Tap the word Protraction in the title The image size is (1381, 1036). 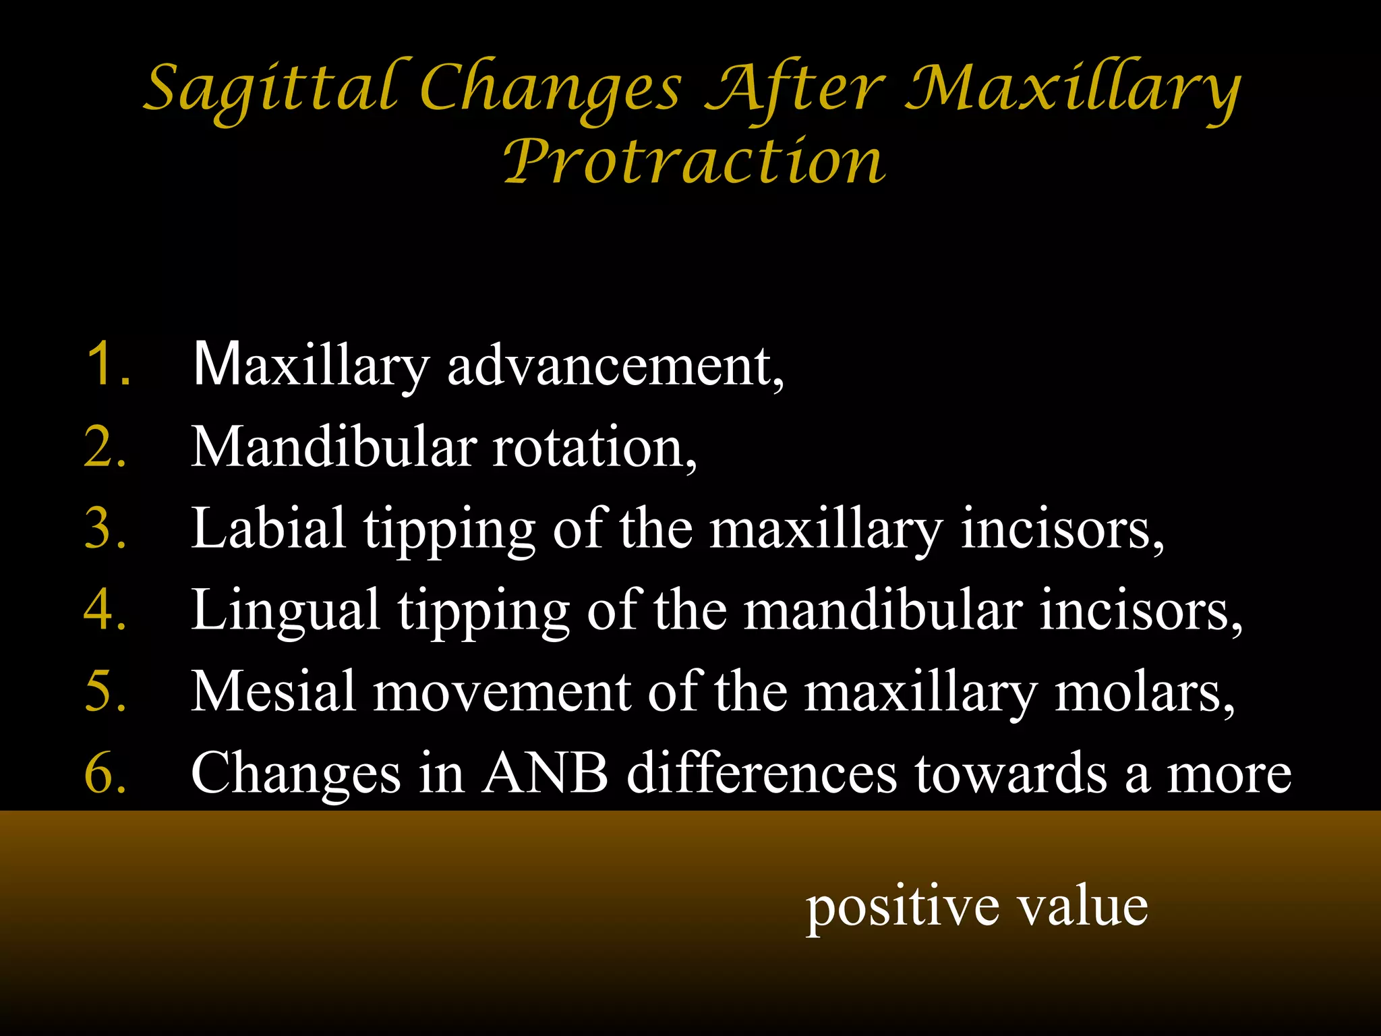[695, 162]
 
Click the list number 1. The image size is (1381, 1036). [108, 364]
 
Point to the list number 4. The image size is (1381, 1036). [105, 610]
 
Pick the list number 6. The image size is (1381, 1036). [105, 773]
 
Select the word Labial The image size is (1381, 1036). [268, 529]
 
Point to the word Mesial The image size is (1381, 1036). [273, 691]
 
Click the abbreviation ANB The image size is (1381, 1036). [545, 773]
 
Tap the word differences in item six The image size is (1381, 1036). [762, 773]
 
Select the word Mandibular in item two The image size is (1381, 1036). [334, 447]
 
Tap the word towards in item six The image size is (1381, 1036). [1010, 773]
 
